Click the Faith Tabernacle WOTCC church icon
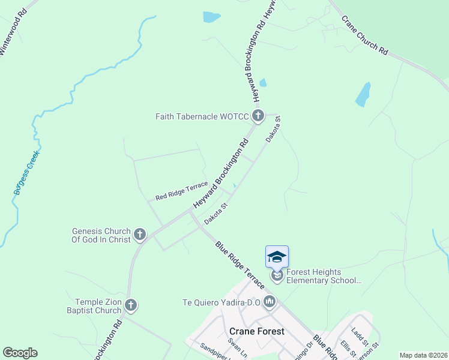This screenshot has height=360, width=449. pos(258,116)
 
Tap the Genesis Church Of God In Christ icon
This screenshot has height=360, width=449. pos(140,234)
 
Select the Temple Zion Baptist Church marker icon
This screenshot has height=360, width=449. pos(131,306)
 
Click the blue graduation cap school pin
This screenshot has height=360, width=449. pos(277,257)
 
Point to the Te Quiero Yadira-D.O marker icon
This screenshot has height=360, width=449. pos(269,302)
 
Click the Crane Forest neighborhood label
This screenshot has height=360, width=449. pos(257,331)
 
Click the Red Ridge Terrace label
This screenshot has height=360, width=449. pos(181,191)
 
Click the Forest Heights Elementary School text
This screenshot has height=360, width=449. pos(324,275)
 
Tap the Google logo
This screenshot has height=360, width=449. pos(20,352)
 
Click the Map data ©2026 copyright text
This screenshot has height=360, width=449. pos(423,355)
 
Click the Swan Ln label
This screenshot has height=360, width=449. pos(234,347)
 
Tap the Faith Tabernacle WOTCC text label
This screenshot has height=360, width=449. pos(201,116)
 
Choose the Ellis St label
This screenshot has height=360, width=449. pos(346,348)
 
